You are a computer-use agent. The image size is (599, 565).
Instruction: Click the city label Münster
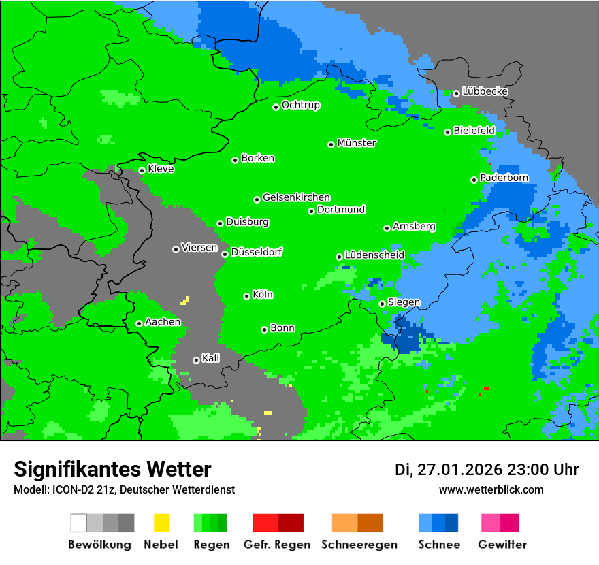357,143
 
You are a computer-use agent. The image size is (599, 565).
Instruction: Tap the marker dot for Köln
247,296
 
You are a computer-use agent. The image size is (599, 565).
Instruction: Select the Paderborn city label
504,178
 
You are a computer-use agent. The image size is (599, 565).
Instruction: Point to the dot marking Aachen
139,323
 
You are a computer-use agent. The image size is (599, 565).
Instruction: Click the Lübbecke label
485,91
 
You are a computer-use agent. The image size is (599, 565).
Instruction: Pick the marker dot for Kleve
142,170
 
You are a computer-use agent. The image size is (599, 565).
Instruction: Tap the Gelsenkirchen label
296,197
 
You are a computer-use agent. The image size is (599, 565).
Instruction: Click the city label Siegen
404,302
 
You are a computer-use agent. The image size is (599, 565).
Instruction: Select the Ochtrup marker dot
276,107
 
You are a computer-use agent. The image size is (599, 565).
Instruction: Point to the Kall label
210,358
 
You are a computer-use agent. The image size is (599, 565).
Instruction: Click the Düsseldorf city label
257,252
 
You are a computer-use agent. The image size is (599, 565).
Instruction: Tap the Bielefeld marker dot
448,132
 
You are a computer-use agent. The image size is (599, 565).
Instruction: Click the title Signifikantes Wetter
112,469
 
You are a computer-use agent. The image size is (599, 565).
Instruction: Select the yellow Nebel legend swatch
161,523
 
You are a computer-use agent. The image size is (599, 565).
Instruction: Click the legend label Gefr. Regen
277,545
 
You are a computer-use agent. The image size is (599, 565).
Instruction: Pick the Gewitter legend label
502,545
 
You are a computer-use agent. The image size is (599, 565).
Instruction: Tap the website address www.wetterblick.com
491,489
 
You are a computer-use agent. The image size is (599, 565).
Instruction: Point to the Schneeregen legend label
358,545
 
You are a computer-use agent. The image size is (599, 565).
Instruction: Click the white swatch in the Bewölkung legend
79,523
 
